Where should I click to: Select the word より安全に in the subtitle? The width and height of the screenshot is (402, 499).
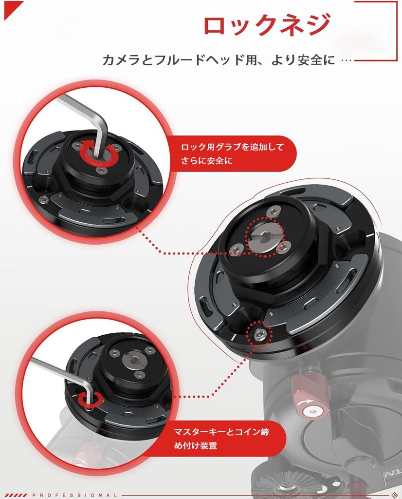(x=304, y=60)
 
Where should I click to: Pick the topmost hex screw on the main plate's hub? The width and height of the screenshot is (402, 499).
(x=273, y=211)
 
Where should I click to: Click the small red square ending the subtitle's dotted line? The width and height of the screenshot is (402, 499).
(x=355, y=61)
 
